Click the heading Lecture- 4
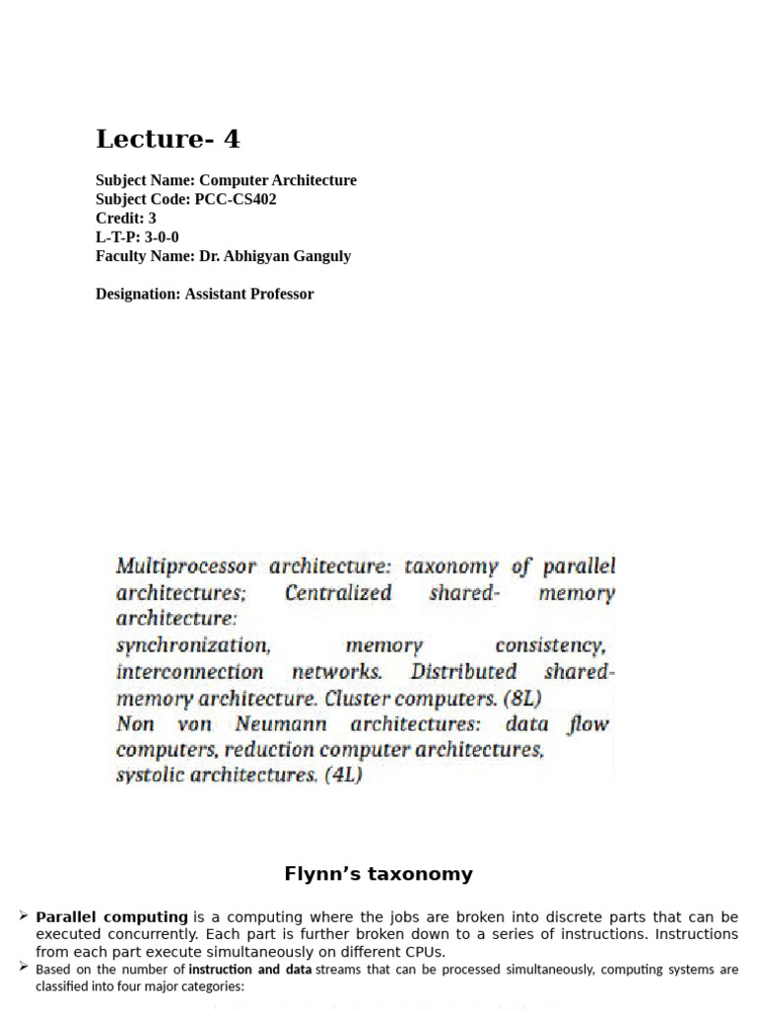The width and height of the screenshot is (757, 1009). (x=168, y=139)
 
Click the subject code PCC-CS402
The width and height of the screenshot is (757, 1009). (x=236, y=199)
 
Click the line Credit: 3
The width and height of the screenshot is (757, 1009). (x=125, y=218)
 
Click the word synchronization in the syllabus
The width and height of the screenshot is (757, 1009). (x=192, y=646)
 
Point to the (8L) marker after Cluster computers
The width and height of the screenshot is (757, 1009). (x=521, y=699)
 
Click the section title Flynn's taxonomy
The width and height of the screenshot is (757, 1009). (x=378, y=874)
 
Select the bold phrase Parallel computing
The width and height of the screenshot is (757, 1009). (x=111, y=916)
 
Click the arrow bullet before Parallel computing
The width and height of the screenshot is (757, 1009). (x=23, y=916)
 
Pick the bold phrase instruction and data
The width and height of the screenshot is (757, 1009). (x=249, y=970)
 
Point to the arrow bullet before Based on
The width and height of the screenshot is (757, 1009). (x=23, y=969)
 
